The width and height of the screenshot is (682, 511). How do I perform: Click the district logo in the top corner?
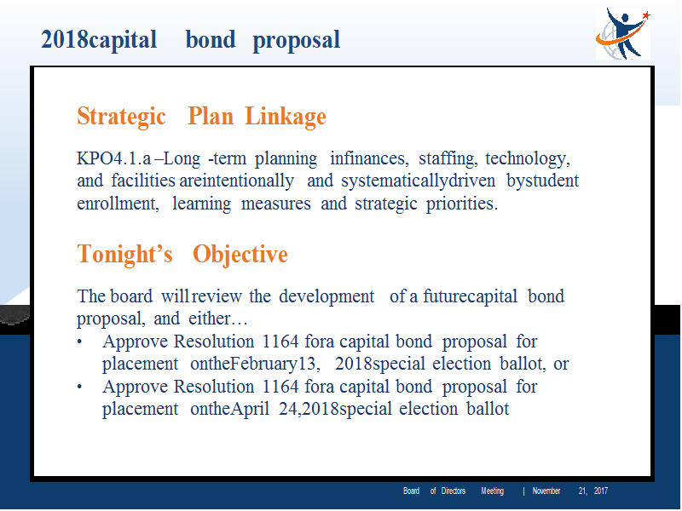pyautogui.click(x=623, y=33)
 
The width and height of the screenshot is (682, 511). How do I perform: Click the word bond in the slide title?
pyautogui.click(x=211, y=39)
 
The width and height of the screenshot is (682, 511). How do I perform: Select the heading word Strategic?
pyautogui.click(x=121, y=117)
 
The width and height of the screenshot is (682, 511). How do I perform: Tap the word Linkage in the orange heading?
pyautogui.click(x=286, y=117)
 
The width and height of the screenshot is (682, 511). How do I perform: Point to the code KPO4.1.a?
pyautogui.click(x=114, y=158)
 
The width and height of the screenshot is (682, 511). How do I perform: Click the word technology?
pyautogui.click(x=528, y=159)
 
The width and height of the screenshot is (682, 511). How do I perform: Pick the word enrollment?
pyautogui.click(x=118, y=204)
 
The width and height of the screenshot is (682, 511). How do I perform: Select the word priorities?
pyautogui.click(x=461, y=204)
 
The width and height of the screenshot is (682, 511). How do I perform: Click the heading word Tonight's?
pyautogui.click(x=124, y=254)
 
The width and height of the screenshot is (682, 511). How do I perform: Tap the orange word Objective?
pyautogui.click(x=240, y=255)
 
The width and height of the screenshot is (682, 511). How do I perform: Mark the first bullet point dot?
pyautogui.click(x=79, y=342)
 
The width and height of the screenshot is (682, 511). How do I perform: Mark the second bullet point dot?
pyautogui.click(x=79, y=387)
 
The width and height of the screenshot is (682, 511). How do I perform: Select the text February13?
pyautogui.click(x=274, y=365)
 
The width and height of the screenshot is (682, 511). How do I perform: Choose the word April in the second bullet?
pyautogui.click(x=250, y=410)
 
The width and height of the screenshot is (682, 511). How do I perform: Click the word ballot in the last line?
pyautogui.click(x=488, y=409)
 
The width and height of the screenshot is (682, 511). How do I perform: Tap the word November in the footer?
pyautogui.click(x=546, y=491)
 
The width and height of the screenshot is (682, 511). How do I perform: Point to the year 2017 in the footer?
pyautogui.click(x=601, y=491)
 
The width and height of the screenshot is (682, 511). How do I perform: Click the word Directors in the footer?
pyautogui.click(x=454, y=491)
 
